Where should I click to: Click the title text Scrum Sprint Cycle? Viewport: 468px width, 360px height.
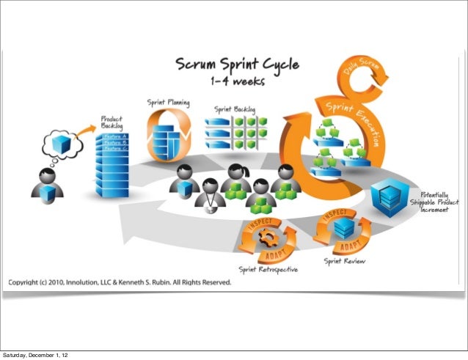pyautogui.click(x=236, y=65)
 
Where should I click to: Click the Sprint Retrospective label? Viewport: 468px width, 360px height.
pyautogui.click(x=267, y=269)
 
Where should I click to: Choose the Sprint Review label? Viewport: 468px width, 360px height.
pyautogui.click(x=345, y=260)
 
